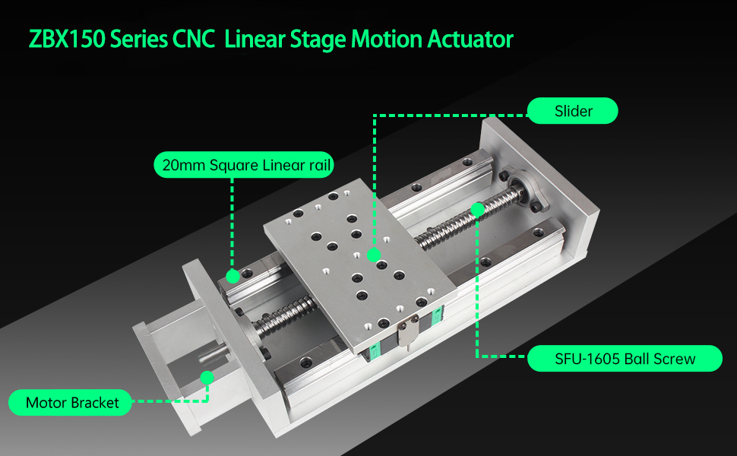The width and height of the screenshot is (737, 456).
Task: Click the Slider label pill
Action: point(573,112)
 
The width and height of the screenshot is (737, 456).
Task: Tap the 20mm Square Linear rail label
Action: point(244,164)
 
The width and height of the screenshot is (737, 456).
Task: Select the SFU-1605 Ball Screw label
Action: point(624,359)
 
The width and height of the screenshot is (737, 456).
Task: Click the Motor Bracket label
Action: point(72,403)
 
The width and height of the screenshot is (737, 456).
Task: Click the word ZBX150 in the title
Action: point(66,39)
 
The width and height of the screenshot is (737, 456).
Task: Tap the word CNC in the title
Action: point(198,39)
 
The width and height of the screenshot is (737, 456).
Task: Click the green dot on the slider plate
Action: point(373,255)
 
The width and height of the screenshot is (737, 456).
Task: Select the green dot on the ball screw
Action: point(477,207)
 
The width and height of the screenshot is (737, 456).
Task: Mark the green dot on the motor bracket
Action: point(206,377)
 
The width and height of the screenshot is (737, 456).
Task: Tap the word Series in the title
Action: point(135,39)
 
